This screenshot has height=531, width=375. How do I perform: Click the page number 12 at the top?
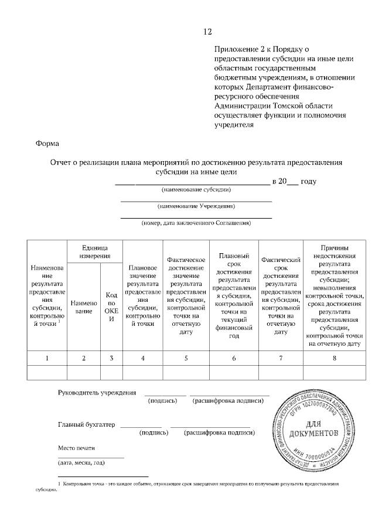(x=207, y=32)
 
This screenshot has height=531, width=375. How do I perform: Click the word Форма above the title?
(x=47, y=143)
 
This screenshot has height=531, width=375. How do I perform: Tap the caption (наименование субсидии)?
(x=196, y=190)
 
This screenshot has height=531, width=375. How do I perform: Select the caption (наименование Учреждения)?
(x=196, y=206)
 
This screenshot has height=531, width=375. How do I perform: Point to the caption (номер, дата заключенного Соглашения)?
(x=196, y=223)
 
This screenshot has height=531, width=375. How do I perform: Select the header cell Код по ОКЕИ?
(x=111, y=307)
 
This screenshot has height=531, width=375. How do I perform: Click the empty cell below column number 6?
(x=234, y=372)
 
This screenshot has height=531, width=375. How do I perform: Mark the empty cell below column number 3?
(x=111, y=372)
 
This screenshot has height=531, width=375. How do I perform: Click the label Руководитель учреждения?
(x=97, y=393)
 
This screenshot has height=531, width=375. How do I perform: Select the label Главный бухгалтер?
(x=87, y=424)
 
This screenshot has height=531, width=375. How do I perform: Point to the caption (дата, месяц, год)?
(x=81, y=463)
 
